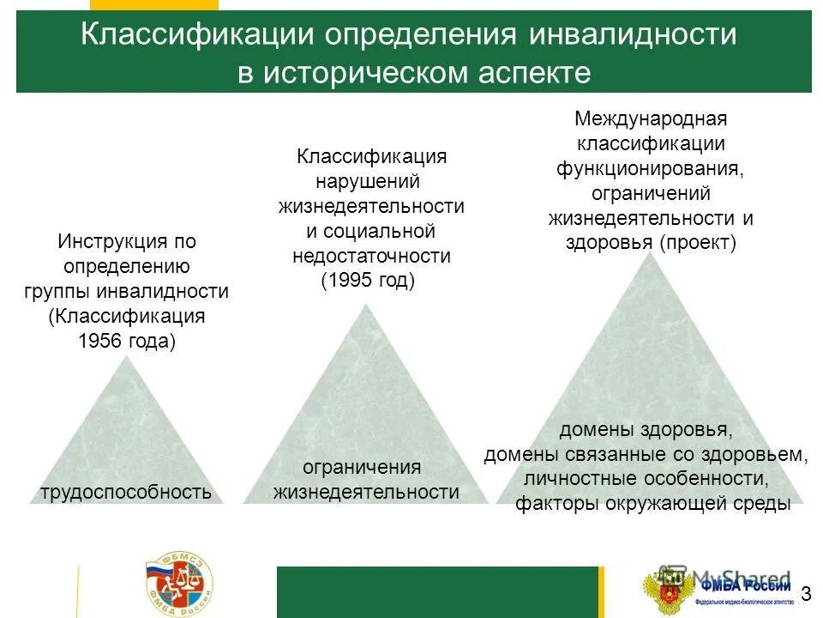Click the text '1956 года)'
click(126, 340)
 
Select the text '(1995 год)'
click(368, 280)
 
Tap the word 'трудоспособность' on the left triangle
click(125, 492)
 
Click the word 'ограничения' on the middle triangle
click(363, 467)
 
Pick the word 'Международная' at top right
click(651, 118)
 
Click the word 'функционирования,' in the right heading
click(651, 168)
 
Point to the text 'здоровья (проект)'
click(651, 243)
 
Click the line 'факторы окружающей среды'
click(652, 503)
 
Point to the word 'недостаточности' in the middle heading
click(371, 256)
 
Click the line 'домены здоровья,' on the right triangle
click(646, 429)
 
